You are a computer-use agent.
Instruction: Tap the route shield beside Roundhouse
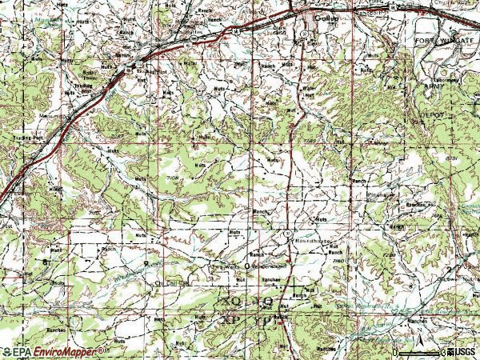[286, 232]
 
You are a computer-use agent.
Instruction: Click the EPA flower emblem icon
[7, 351]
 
